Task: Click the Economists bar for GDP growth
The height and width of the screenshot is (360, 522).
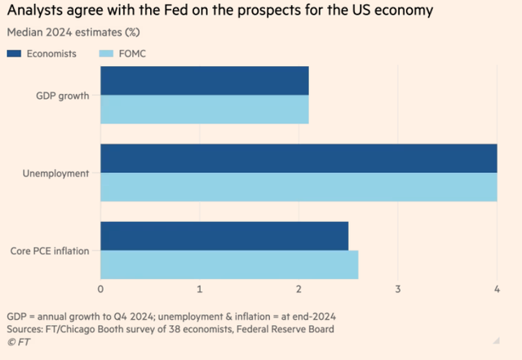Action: tap(204, 81)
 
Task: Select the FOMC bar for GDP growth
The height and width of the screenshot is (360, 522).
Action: tap(204, 109)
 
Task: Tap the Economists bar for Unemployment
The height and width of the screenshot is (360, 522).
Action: tap(299, 158)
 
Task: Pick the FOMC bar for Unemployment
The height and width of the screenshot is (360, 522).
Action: tap(299, 187)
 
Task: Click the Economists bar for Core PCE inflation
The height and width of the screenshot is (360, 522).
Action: tap(224, 236)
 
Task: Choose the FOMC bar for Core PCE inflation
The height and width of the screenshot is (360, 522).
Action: tap(229, 264)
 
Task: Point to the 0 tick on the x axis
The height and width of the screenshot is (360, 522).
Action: tap(100, 289)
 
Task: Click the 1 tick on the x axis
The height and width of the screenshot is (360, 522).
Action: tap(200, 289)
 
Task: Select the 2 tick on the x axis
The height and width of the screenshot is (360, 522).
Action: tap(299, 289)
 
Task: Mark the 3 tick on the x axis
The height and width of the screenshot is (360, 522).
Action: tap(398, 289)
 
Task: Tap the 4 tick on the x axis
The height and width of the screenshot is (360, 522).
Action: tap(497, 289)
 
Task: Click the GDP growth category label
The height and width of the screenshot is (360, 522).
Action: tap(63, 96)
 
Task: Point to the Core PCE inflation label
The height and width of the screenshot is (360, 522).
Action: tap(51, 251)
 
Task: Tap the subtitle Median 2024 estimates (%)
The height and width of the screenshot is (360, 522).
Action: tap(73, 33)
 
